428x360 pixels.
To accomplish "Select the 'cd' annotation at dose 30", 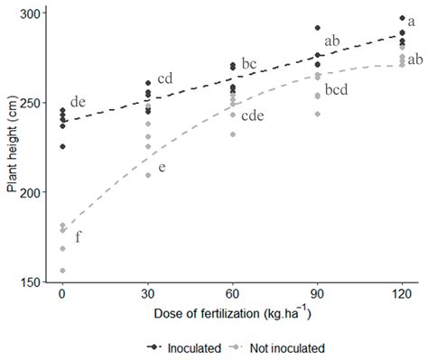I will click(x=164, y=78).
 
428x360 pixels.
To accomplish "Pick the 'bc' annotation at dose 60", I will click(x=249, y=64).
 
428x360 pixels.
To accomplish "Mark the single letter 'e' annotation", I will click(x=163, y=168).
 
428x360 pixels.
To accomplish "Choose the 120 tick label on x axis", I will click(x=402, y=295).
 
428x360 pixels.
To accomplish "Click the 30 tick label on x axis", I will click(x=147, y=295).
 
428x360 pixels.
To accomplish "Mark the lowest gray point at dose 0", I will click(x=62, y=271).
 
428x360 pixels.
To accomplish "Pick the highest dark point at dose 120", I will click(x=402, y=18).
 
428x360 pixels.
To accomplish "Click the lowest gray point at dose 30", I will click(x=147, y=175).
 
